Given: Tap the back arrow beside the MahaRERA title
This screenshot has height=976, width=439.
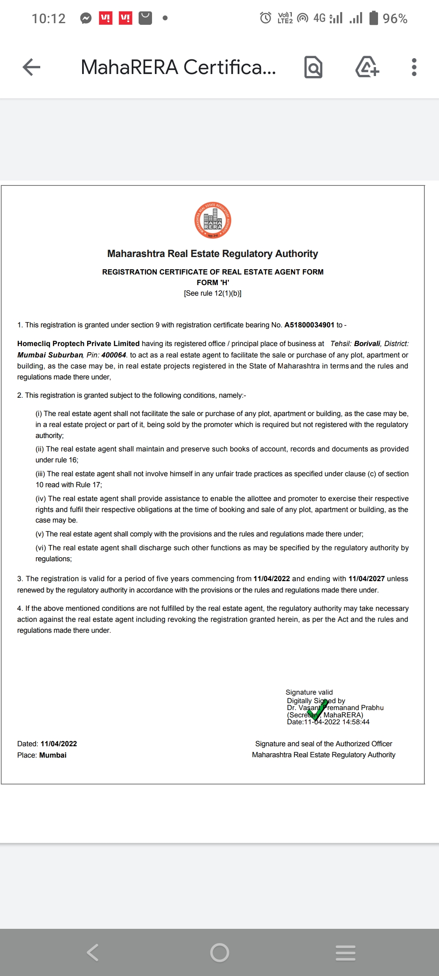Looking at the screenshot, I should click(31, 67).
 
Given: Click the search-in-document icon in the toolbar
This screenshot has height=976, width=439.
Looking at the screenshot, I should click(313, 67).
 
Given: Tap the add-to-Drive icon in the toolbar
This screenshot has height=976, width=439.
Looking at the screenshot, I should click(367, 67).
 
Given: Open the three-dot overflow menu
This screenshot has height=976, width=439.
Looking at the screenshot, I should click(414, 67).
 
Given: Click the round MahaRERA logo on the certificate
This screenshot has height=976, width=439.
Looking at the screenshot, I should click(213, 220).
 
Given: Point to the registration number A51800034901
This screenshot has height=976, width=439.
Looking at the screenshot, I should click(309, 325).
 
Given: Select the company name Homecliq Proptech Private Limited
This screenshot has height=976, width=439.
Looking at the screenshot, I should click(78, 344).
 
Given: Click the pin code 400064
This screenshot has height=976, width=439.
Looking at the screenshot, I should click(114, 355).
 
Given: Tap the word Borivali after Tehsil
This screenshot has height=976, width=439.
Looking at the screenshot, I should click(367, 344).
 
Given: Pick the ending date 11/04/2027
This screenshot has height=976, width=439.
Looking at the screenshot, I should click(366, 579).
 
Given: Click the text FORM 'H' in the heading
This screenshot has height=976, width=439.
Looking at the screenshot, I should click(213, 283).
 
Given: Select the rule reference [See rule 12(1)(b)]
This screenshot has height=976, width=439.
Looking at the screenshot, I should click(213, 293).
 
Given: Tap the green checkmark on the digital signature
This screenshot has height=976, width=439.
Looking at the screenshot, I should click(317, 709).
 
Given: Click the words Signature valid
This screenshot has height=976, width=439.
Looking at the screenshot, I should click(309, 692).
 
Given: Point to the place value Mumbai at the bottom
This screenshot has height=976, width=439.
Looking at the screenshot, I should click(53, 755).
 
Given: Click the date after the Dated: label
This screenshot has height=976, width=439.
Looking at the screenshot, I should click(59, 744).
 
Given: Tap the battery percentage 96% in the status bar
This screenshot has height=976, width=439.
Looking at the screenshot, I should click(395, 18).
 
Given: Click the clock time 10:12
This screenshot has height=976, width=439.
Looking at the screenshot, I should click(48, 18).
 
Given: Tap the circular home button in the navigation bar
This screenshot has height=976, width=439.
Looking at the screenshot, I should click(219, 952).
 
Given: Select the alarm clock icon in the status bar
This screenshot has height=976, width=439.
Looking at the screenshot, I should click(265, 18).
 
